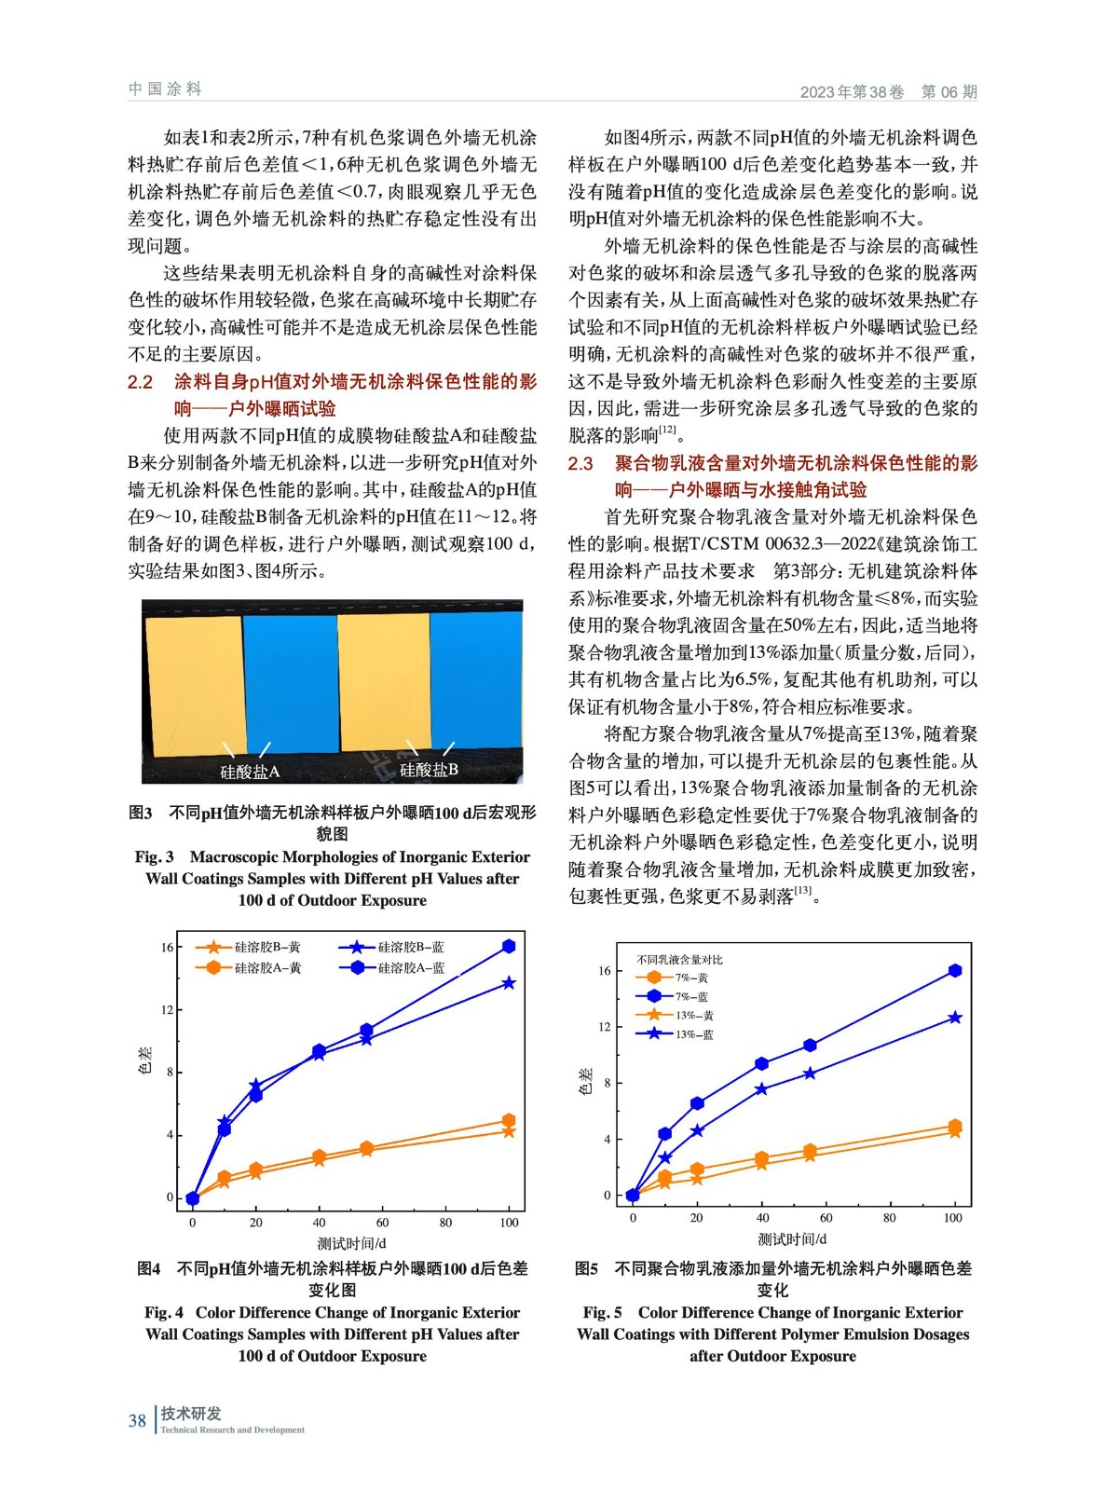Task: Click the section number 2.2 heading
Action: (140, 382)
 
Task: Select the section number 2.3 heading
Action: (580, 463)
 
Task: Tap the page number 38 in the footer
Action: (137, 1420)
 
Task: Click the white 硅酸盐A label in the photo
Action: (249, 772)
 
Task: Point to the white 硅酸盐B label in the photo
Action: (429, 770)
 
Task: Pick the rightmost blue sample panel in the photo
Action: (475, 680)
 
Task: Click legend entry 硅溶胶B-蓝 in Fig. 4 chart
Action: (411, 947)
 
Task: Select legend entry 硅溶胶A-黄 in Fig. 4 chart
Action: (267, 968)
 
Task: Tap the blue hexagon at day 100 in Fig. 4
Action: (509, 947)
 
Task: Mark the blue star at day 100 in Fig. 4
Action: (509, 983)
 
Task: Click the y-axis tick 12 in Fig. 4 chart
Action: (167, 1010)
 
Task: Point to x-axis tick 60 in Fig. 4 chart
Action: (382, 1223)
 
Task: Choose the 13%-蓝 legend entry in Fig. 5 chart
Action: (694, 1034)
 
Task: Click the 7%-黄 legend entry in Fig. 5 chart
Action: (691, 978)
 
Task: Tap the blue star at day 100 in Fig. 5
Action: (955, 1018)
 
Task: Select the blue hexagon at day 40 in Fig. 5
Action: (762, 1063)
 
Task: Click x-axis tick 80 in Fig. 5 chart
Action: (889, 1218)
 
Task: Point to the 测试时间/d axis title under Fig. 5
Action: (792, 1239)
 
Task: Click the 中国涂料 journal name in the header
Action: (165, 89)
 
